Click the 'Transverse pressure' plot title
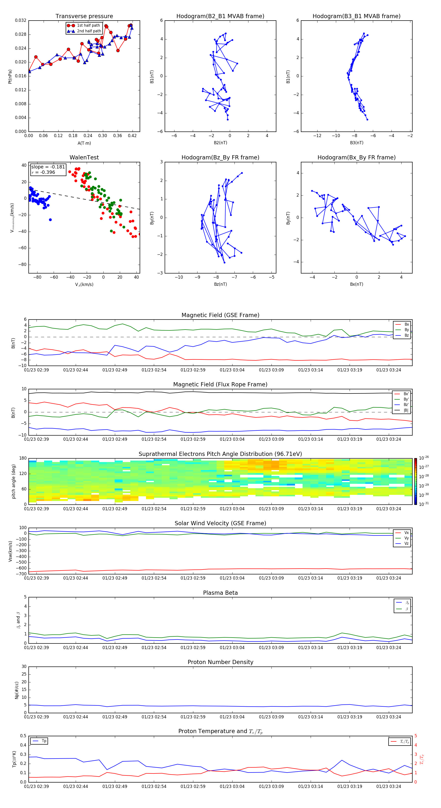[84, 16]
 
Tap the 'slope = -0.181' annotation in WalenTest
[48, 167]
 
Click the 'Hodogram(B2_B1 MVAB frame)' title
[220, 16]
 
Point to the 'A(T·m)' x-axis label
[84, 143]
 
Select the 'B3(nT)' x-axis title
[356, 143]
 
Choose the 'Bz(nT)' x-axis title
[220, 284]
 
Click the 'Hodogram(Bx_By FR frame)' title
[356, 157]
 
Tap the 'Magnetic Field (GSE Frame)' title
[220, 315]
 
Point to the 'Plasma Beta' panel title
[220, 593]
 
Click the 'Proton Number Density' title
[220, 662]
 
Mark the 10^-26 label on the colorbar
[424, 458]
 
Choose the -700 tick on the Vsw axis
[22, 574]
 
